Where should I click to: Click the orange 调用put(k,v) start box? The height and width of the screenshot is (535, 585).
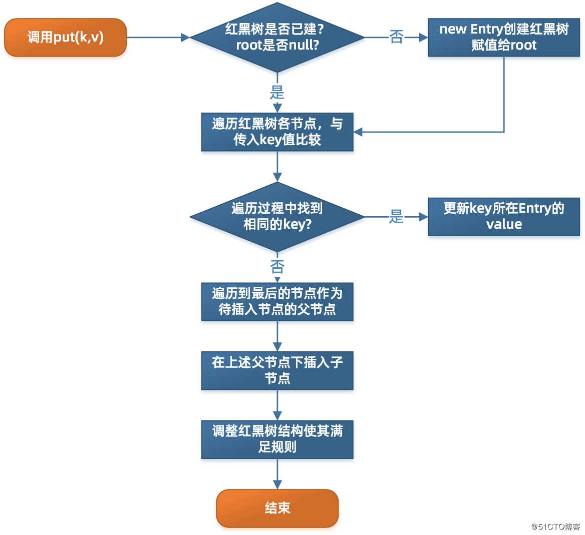[65, 38]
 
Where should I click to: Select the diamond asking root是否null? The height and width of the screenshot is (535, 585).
[277, 38]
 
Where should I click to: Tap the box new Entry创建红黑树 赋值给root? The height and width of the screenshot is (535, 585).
[503, 38]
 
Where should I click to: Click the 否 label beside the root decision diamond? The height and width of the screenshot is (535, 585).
[396, 37]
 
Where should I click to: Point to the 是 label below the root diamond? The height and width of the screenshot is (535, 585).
[277, 93]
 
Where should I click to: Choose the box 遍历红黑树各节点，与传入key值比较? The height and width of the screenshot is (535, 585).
[277, 132]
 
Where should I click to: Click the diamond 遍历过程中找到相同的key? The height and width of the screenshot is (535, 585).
[277, 217]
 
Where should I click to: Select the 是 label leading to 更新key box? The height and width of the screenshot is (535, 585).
[396, 216]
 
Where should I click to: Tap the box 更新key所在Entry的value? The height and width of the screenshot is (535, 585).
[503, 217]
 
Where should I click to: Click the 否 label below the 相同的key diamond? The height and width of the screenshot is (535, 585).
[277, 266]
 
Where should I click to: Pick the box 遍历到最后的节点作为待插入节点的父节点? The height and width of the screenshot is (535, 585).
[277, 301]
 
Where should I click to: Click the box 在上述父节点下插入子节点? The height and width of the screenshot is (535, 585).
[277, 370]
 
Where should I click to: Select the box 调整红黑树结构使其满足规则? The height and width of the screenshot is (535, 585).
[277, 439]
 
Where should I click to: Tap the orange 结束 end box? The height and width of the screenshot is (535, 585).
[277, 508]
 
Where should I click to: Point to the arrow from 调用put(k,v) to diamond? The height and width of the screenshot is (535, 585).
[158, 37]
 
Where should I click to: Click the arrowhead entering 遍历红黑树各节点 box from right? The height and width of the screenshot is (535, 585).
[358, 132]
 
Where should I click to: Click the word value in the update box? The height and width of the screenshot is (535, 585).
[503, 224]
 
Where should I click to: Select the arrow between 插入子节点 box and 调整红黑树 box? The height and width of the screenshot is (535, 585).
[277, 405]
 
